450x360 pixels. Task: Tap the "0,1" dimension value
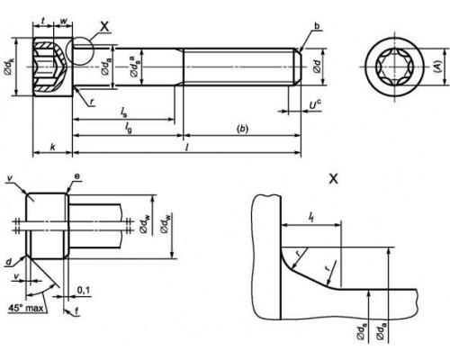[83, 290]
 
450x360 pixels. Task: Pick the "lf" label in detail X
[310, 217]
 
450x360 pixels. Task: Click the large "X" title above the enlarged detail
[334, 179]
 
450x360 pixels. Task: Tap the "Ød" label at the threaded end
[314, 66]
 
